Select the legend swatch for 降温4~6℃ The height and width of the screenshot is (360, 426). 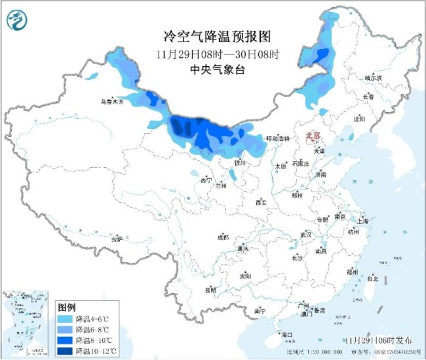[x=66, y=318]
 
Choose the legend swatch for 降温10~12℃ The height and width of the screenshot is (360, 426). [x=66, y=351]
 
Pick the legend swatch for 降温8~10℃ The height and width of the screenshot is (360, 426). [x=66, y=340]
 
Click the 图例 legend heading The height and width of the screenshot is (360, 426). [x=67, y=307]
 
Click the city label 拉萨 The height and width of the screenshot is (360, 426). [x=117, y=239]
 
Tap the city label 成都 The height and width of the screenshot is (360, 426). [x=222, y=238]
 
